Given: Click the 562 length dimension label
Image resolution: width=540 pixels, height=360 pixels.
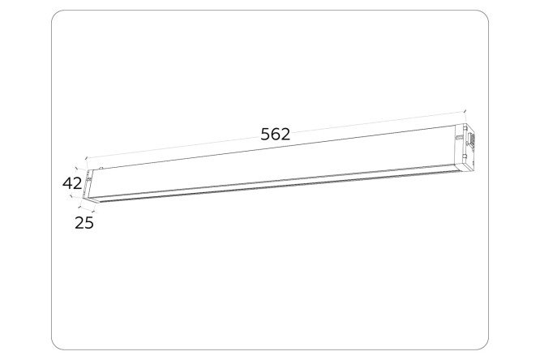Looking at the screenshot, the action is (275, 135).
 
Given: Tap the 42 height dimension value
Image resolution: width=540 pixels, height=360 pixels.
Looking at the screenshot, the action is (72, 183).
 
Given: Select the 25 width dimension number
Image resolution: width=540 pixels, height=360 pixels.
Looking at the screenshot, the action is (84, 223).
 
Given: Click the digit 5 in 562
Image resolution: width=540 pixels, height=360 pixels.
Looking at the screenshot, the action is (265, 135).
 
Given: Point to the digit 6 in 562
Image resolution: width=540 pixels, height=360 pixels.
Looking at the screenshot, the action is (276, 135).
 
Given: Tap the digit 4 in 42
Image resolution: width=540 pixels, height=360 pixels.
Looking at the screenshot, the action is (67, 183).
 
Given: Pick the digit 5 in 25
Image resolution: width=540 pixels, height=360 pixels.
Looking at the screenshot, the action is (89, 223).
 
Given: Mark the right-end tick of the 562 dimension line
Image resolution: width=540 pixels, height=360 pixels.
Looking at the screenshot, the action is (465, 112).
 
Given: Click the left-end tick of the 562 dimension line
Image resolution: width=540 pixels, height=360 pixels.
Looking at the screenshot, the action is (86, 158).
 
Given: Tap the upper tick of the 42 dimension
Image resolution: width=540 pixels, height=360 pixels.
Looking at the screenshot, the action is (78, 169).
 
